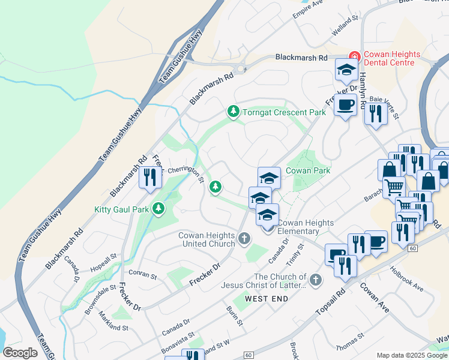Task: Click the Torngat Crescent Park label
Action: pos(283,112)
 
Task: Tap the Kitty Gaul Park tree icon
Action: pos(158,209)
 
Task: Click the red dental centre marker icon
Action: pos(355,56)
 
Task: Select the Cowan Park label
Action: pos(308,171)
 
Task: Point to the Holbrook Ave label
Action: pos(408,279)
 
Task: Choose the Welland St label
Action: pos(346,27)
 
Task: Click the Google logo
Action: pos(20,352)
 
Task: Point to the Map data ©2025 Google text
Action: pos(412,355)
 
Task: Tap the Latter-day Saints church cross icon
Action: pos(316,280)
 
